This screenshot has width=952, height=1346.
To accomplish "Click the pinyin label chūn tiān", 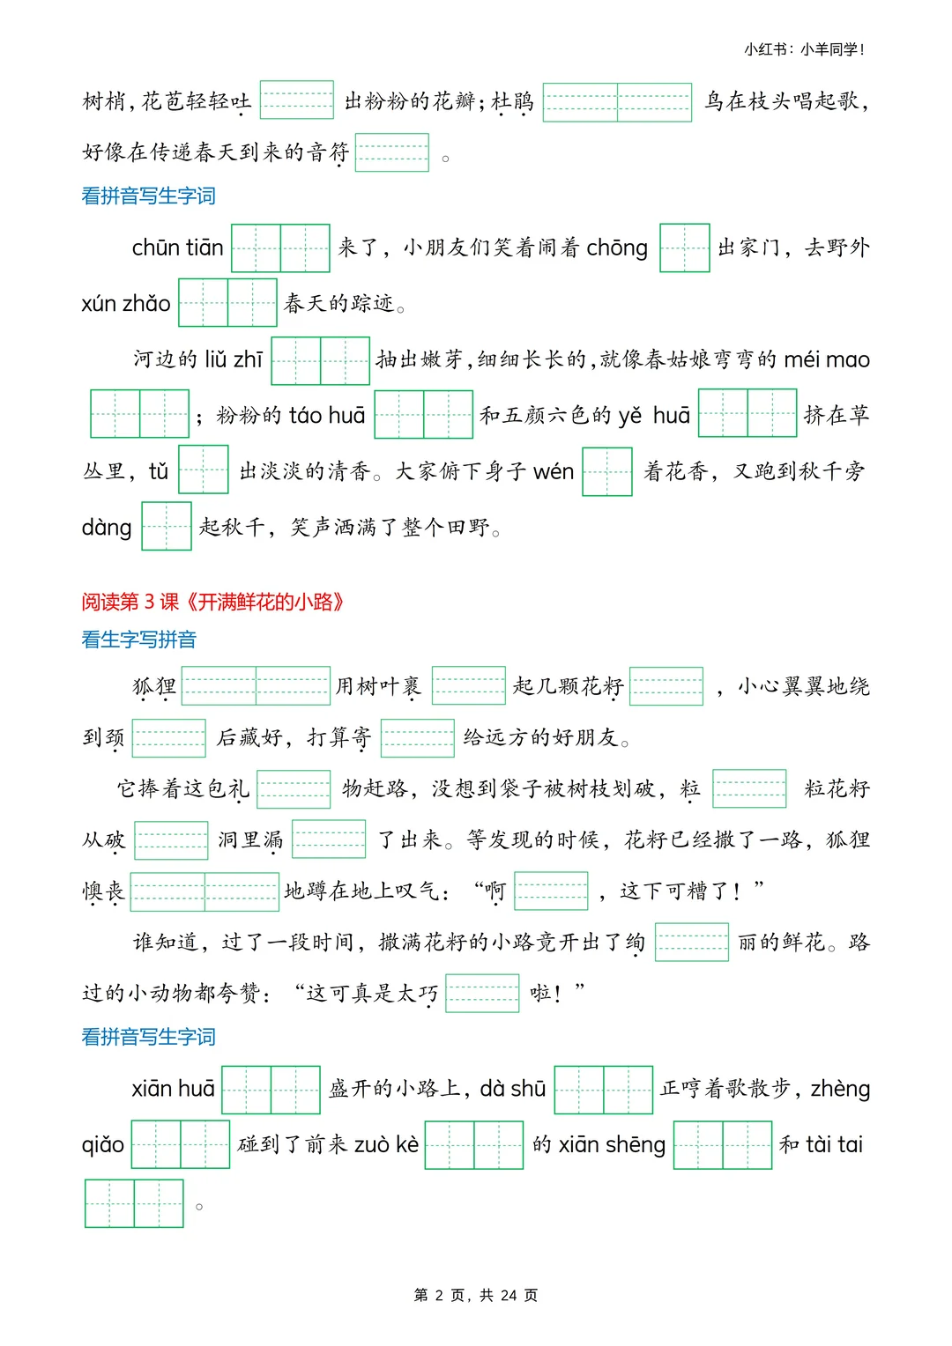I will click(177, 248).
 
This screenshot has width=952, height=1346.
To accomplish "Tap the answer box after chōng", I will click(684, 248).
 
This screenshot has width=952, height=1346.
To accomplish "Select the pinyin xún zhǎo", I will click(126, 304).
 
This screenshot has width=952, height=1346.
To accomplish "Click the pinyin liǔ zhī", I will click(234, 359).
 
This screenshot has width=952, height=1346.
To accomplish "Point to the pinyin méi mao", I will click(826, 359).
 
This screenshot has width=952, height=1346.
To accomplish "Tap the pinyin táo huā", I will click(327, 415).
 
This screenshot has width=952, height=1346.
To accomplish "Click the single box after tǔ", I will click(204, 470).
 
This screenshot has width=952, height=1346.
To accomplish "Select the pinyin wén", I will click(554, 471).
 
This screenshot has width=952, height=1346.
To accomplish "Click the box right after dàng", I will click(167, 526).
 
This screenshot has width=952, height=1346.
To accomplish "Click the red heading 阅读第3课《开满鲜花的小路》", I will click(212, 602).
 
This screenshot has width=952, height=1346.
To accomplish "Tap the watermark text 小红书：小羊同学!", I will click(804, 49).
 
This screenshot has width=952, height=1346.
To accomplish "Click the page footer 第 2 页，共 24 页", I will click(476, 1295).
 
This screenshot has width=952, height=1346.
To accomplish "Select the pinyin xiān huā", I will click(174, 1089).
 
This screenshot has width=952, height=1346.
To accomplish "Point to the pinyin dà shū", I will click(513, 1089).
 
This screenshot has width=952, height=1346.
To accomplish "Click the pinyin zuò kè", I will click(386, 1144).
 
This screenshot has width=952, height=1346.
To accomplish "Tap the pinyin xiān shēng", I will click(612, 1144).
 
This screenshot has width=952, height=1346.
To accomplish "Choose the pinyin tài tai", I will click(834, 1144).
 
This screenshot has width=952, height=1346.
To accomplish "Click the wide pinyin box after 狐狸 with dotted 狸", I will click(256, 686).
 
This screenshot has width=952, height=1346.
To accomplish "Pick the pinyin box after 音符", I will click(392, 152).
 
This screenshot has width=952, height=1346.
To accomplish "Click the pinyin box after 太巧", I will click(482, 994).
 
